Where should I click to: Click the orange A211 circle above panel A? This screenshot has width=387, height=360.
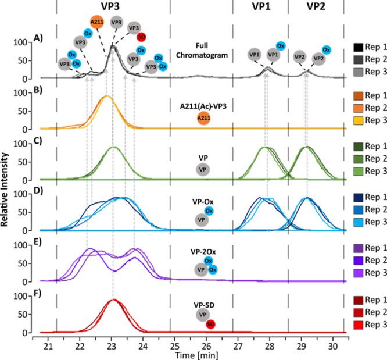[97, 22]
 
